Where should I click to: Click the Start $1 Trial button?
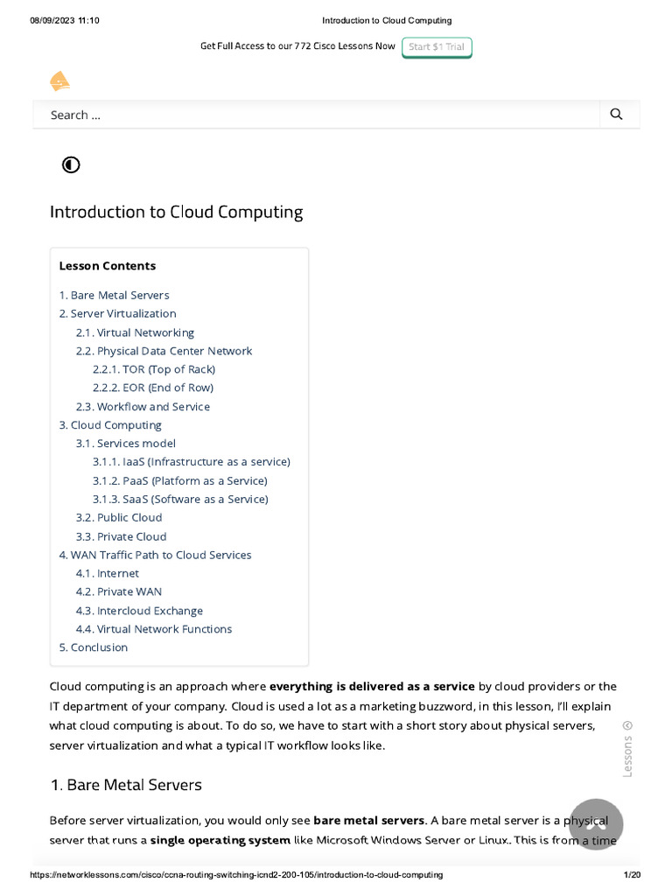[437, 46]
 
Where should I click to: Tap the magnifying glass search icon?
[616, 115]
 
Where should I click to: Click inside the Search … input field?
[315, 115]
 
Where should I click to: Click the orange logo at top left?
[59, 82]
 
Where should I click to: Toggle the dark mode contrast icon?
[71, 164]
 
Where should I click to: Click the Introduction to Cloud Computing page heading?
[176, 212]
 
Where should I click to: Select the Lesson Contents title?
[107, 266]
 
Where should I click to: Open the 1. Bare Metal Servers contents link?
[114, 295]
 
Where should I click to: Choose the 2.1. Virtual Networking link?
[135, 332]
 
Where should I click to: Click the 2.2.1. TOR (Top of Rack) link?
[154, 369]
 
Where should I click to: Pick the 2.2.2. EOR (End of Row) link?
[153, 388]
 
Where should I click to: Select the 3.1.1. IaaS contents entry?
[191, 461]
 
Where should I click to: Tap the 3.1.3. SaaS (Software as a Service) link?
[180, 499]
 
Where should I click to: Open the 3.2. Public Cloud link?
[119, 517]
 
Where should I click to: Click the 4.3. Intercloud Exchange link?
[139, 611]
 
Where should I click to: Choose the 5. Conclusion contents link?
[93, 647]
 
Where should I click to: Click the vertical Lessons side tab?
[626, 749]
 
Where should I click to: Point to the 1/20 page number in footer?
[632, 875]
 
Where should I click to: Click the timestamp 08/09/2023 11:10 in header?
[65, 20]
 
